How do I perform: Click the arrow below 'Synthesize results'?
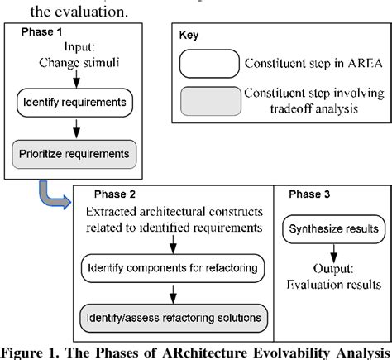tap(332, 249)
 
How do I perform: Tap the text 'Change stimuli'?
tap(74, 62)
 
